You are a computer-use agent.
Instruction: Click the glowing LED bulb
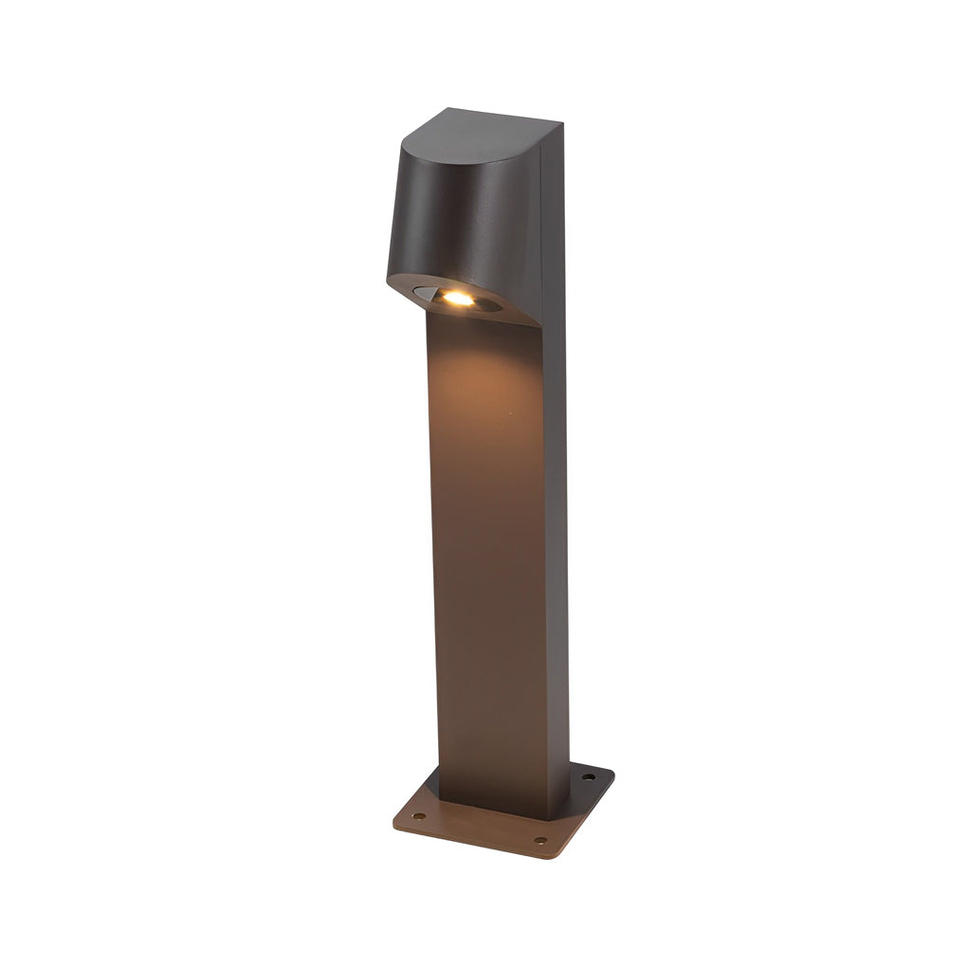457,298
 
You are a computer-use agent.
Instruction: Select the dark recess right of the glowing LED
492,305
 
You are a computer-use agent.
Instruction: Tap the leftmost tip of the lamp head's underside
389,280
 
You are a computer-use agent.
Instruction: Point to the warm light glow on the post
479,379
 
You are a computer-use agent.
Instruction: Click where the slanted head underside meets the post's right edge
541,327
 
